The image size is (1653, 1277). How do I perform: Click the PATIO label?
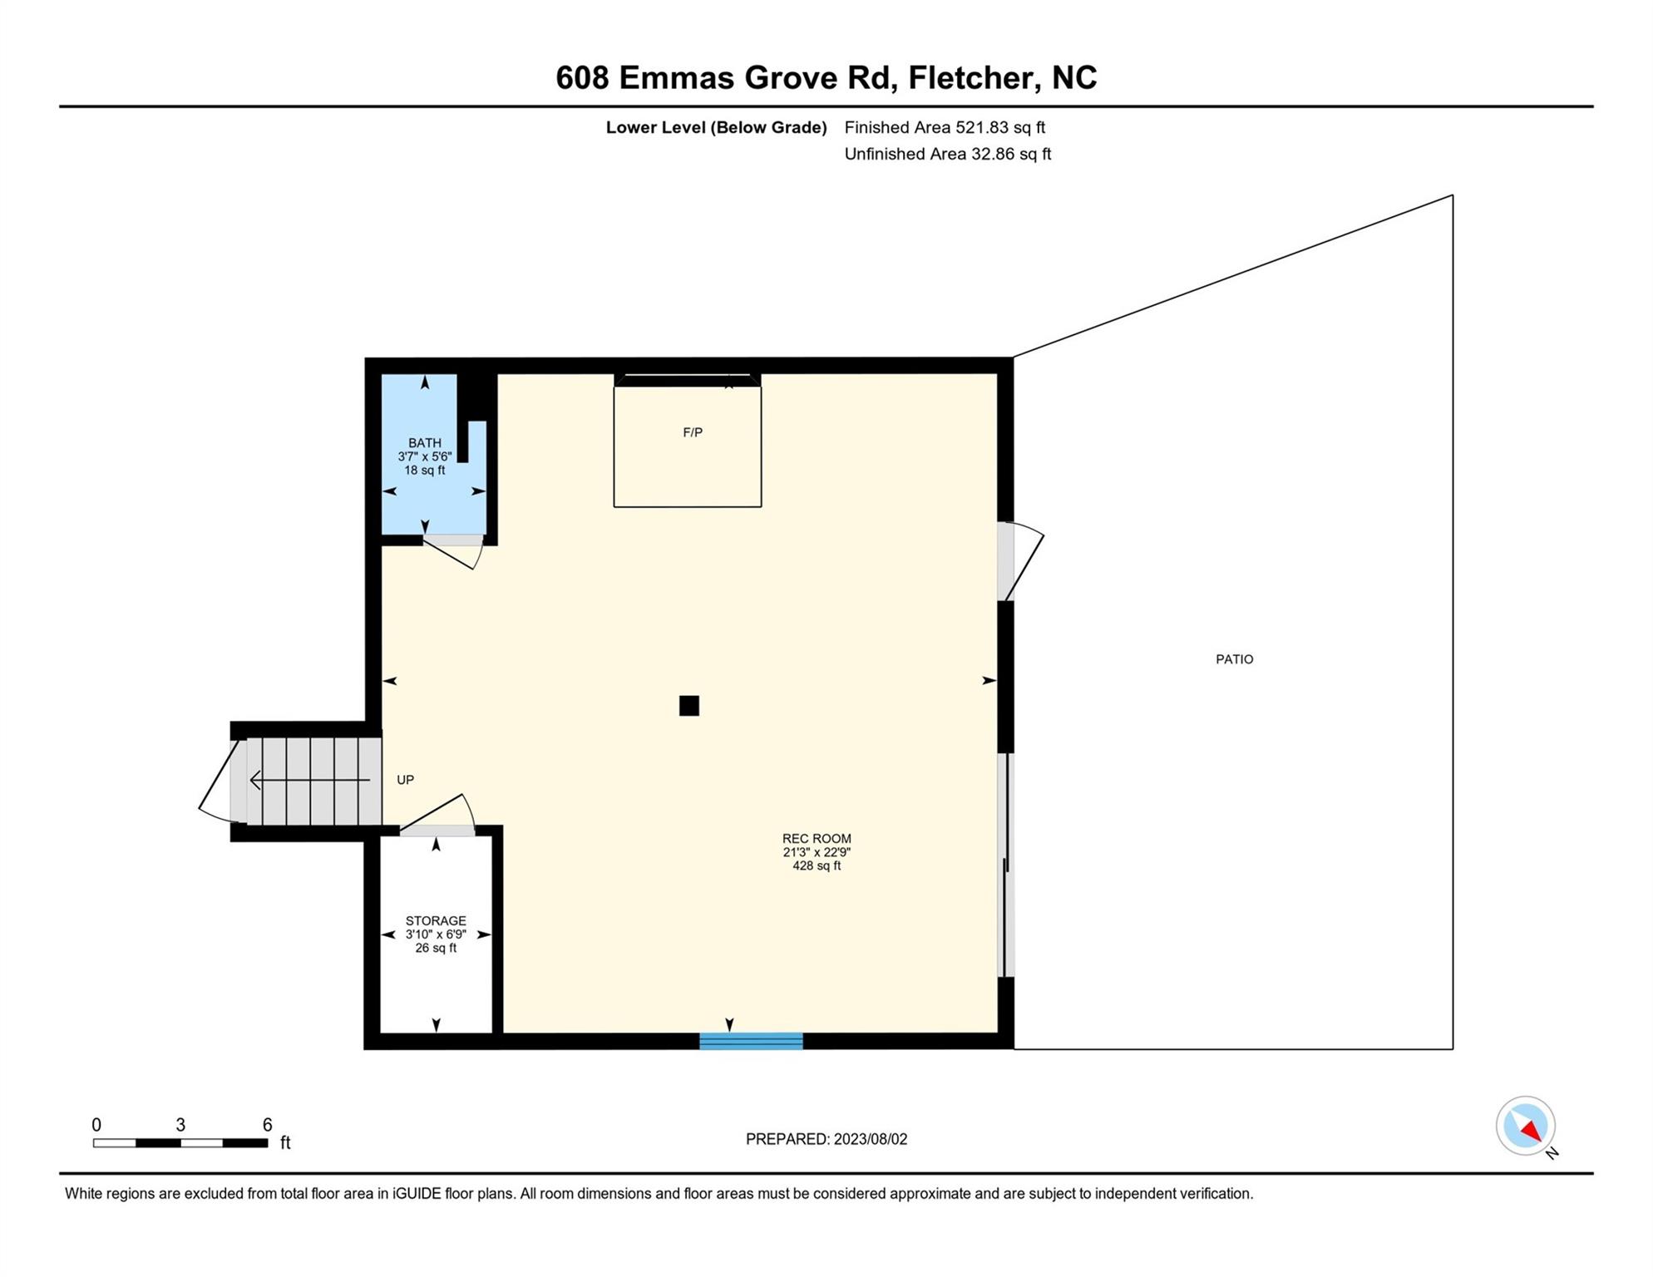(1234, 659)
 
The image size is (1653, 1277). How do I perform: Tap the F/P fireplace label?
(693, 432)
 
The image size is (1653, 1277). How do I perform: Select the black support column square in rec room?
(688, 706)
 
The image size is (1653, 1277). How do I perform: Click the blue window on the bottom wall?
(751, 1041)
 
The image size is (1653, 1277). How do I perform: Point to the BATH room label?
(425, 443)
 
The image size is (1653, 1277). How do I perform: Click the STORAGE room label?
(436, 921)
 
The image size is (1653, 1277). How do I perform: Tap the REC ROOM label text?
(817, 839)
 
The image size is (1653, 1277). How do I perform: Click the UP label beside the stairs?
(405, 780)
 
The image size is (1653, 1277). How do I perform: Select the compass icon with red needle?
(1526, 1127)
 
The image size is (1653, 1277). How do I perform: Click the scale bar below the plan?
(180, 1143)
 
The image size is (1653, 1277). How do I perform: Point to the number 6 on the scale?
(267, 1125)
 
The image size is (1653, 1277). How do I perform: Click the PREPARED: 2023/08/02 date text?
(826, 1139)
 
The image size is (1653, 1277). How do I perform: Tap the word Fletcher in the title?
(970, 78)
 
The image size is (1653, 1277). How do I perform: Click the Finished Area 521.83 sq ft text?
(945, 127)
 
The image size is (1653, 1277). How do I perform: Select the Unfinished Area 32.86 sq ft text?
(948, 154)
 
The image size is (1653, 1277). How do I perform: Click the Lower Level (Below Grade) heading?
(716, 127)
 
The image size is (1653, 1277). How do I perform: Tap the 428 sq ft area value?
(817, 865)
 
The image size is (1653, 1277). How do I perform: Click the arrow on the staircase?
(310, 780)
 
